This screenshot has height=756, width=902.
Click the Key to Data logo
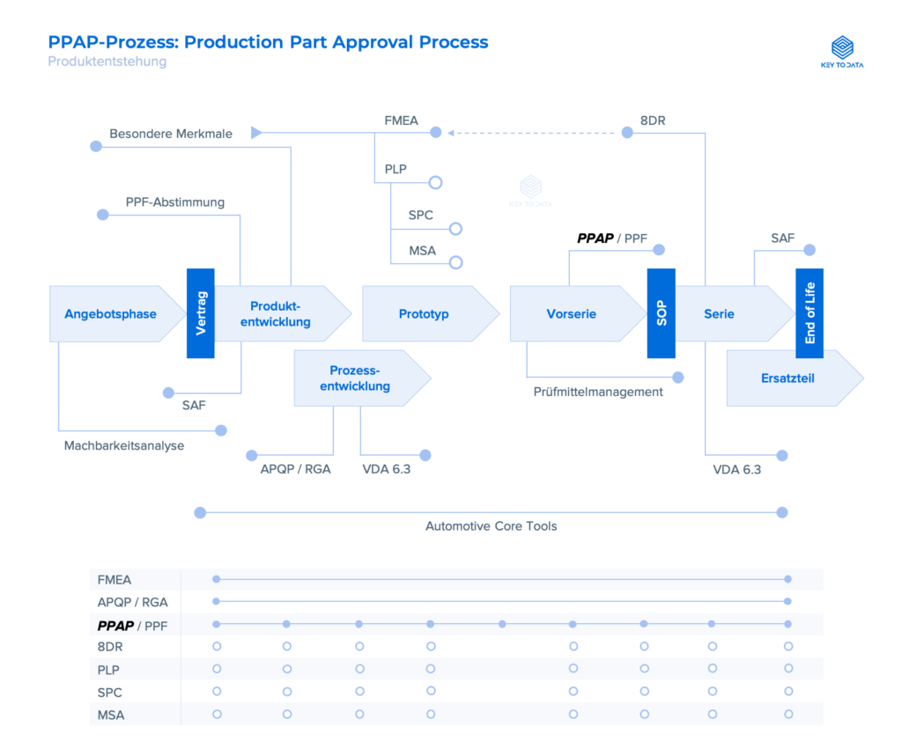842,52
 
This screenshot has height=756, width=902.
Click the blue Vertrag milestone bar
200,312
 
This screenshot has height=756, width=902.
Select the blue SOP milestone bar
661,312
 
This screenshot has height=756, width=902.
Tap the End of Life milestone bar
810,312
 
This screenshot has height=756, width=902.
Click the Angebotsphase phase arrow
110,313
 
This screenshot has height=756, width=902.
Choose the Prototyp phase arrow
425,313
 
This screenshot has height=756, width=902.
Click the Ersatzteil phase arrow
788,378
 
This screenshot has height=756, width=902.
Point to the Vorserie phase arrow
572,313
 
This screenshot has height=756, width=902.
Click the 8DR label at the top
653,121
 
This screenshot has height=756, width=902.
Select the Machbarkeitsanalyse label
124,445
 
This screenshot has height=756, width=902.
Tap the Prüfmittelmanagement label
598,392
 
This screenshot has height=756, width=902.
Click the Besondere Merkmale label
171,134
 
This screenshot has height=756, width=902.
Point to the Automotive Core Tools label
491,526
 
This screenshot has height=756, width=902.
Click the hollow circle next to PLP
434,183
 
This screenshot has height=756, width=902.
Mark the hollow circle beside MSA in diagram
455,262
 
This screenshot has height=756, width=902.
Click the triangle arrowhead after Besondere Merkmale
256,133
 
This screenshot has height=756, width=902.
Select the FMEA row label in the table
115,579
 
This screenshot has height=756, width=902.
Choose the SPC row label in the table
110,693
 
